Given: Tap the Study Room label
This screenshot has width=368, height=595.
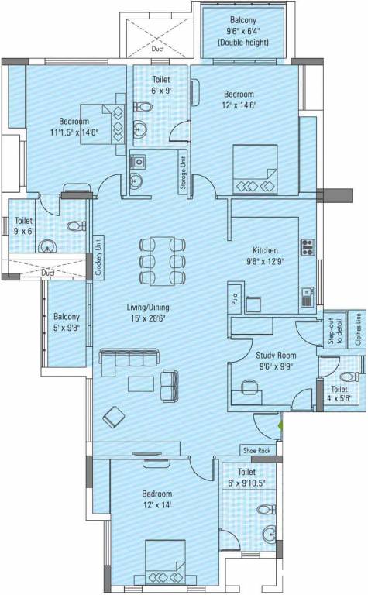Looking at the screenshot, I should point(276,362).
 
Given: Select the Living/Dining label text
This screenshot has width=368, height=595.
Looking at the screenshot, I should point(148,312).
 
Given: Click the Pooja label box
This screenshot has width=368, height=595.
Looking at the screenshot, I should point(233,298).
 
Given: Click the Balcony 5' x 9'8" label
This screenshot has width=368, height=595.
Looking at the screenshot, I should point(66,322).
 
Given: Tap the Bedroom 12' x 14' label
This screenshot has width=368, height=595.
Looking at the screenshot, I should point(156,498).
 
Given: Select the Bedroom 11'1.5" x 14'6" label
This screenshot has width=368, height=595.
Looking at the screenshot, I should point(74,127).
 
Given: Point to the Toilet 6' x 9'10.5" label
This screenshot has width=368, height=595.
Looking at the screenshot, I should point(247,477).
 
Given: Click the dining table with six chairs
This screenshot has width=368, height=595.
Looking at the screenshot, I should point(163,262).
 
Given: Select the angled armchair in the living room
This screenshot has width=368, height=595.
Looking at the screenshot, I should point(115,417).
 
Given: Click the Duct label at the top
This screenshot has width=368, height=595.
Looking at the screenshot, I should point(158,48).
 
